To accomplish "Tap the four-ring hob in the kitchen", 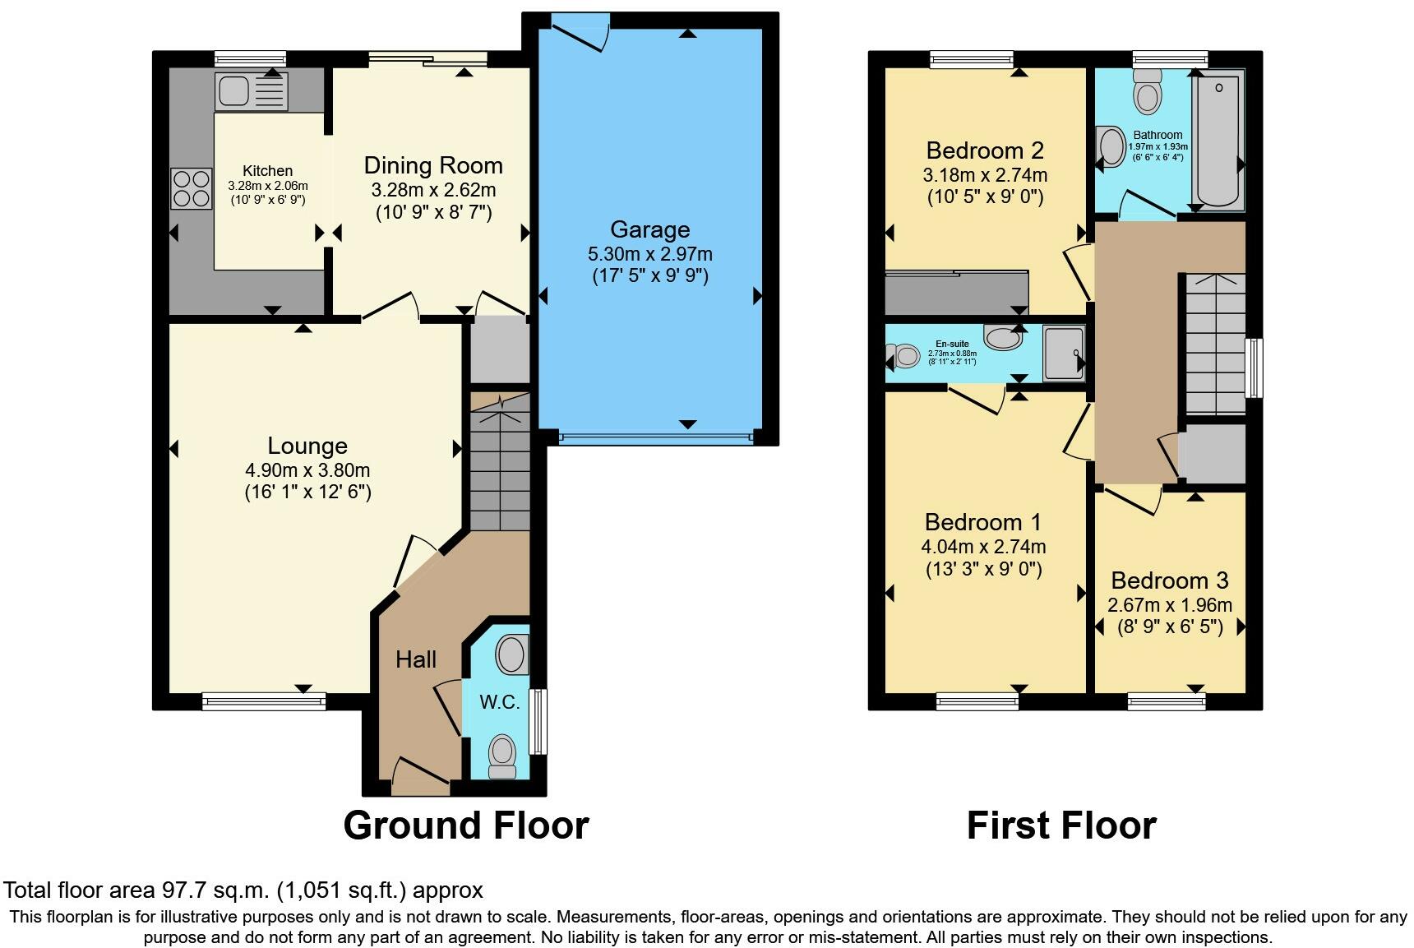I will tap(191, 188).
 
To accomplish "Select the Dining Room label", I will tap(433, 165).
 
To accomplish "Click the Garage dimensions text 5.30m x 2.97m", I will tap(649, 253).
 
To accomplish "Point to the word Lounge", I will tap(307, 446).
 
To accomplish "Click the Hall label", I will tap(415, 659).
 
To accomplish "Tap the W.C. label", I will tap(499, 702).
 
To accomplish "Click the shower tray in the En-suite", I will tap(1063, 354).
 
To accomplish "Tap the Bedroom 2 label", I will tap(984, 150).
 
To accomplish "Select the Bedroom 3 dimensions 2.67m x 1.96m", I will tap(1169, 605).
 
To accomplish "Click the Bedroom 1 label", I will tap(982, 522).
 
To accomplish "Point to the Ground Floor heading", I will tap(465, 825).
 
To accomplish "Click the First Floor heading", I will tap(1060, 825).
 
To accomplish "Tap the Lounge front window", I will tap(263, 701).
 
